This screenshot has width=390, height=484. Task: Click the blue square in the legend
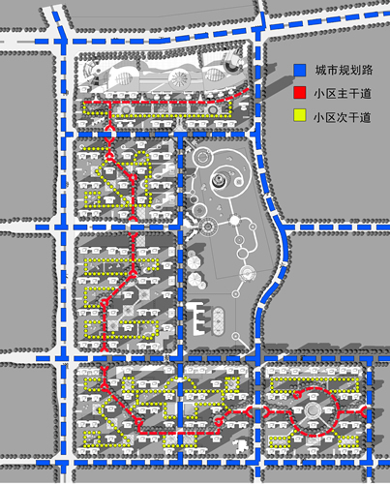pyautogui.click(x=300, y=70)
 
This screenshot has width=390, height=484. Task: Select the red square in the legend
pyautogui.click(x=300, y=93)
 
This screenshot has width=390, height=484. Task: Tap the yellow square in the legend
pyautogui.click(x=300, y=115)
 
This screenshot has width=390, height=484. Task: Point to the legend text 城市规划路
pyautogui.click(x=344, y=70)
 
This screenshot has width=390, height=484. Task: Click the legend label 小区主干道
pyautogui.click(x=343, y=94)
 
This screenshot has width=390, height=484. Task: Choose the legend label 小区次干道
pyautogui.click(x=343, y=117)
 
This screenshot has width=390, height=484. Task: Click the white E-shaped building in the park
pyautogui.click(x=197, y=318)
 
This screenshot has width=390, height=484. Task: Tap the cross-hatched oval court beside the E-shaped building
pyautogui.click(x=218, y=320)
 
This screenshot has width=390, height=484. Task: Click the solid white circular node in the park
pyautogui.click(x=234, y=221)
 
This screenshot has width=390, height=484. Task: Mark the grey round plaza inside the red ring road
pyautogui.click(x=312, y=410)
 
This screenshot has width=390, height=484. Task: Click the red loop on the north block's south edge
pyautogui.click(x=109, y=132)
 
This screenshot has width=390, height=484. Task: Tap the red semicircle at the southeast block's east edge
pyautogui.click(x=363, y=411)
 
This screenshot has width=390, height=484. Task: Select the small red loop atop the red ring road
pyautogui.click(x=297, y=394)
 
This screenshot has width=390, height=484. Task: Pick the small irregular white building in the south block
pyautogui.click(x=240, y=445)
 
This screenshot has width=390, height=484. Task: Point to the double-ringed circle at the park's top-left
pyautogui.click(x=202, y=158)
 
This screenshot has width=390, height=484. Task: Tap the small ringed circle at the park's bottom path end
pyautogui.click(x=236, y=336)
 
